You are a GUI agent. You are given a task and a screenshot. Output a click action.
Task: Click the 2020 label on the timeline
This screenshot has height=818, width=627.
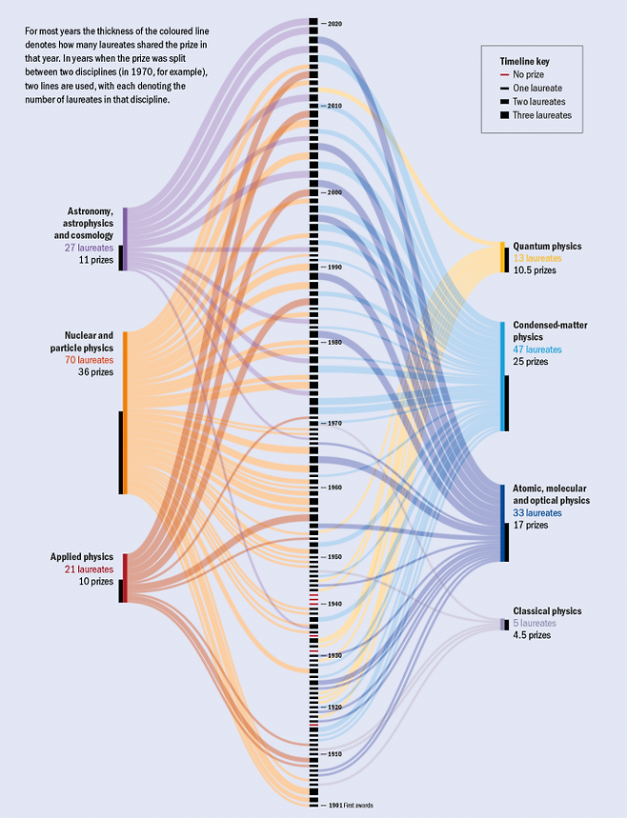pos(334,22)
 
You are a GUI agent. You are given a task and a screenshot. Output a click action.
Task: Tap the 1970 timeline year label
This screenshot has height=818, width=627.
pos(334,423)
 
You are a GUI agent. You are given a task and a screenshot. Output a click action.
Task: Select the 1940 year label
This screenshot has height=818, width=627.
pos(334,604)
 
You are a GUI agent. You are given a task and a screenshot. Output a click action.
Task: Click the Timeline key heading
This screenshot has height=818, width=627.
pos(524,61)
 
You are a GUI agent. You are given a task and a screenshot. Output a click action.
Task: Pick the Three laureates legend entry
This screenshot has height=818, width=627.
pos(541,115)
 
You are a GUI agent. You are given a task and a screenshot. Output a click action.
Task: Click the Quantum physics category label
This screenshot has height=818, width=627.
pos(547,246)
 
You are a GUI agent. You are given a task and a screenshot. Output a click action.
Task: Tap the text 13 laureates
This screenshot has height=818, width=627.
pos(537,258)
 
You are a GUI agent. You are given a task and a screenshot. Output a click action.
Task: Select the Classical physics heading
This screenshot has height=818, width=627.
pos(547,611)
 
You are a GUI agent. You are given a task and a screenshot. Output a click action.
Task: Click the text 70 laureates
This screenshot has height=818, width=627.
pos(89,360)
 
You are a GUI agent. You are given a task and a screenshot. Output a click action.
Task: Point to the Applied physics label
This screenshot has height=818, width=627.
pos(81,556)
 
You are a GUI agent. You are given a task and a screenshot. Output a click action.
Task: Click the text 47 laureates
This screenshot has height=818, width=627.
pos(537,349)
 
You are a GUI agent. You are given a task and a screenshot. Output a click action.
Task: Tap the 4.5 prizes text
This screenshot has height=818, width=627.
pos(532,635)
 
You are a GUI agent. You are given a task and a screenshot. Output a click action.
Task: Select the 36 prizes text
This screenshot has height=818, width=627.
pos(95,372)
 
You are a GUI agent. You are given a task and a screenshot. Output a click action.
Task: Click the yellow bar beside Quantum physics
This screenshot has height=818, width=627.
pos(503,257)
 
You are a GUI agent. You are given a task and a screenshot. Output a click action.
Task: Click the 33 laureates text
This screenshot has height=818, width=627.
pos(537,512)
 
